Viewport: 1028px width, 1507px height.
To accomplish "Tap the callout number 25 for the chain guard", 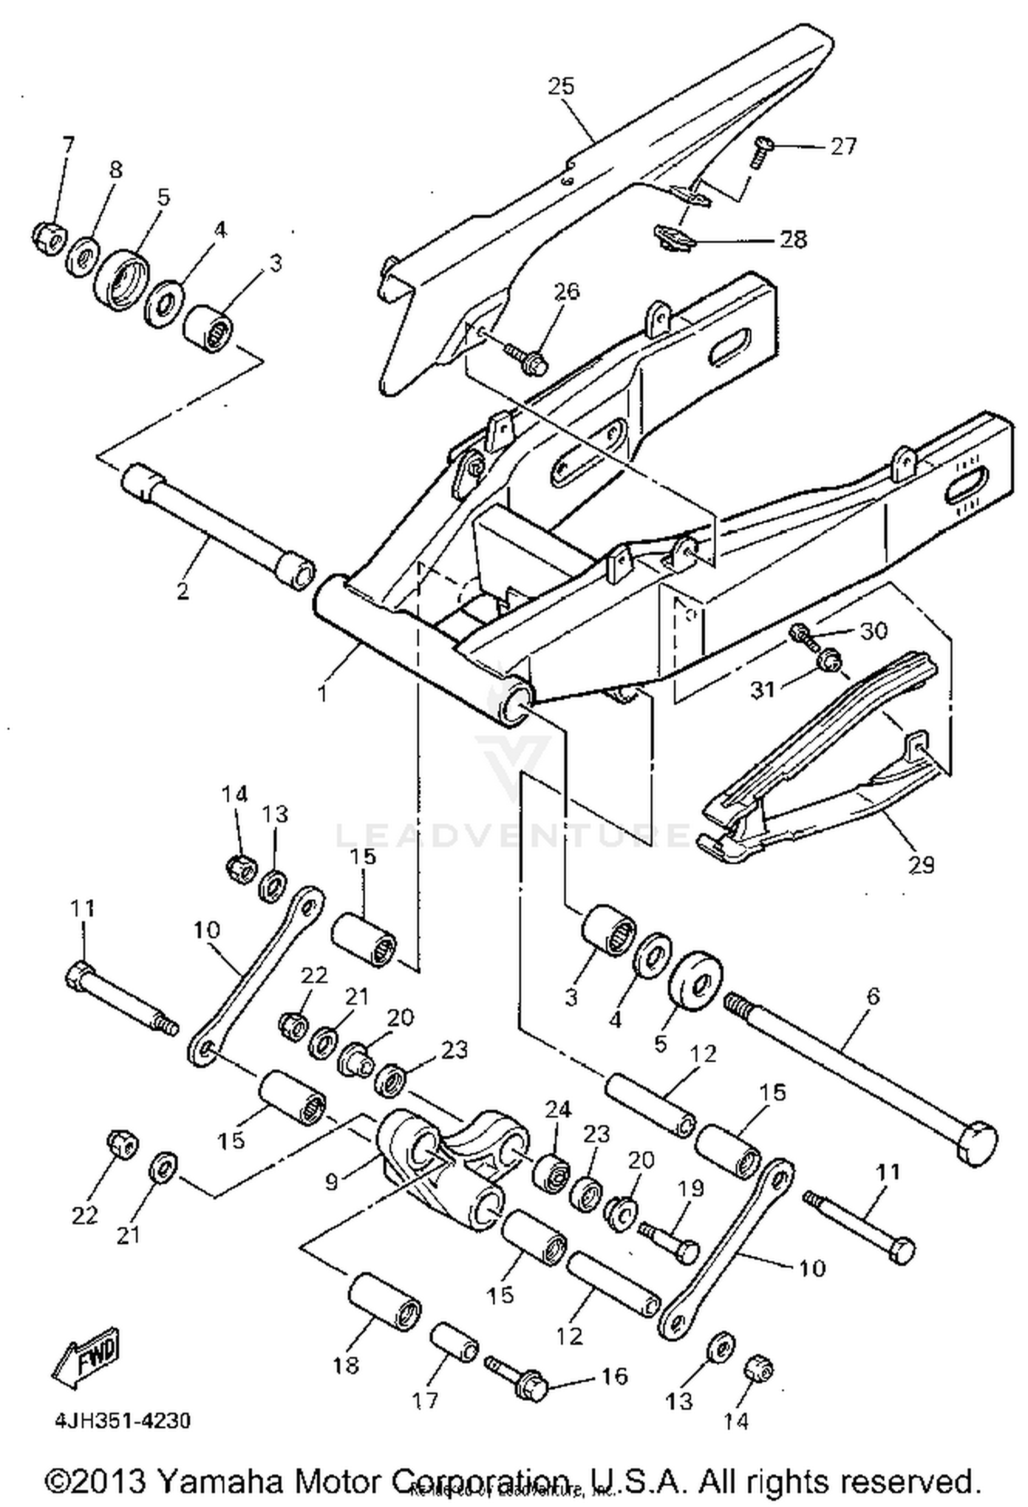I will pos(561,87).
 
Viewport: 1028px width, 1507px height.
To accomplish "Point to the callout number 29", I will pos(921,865).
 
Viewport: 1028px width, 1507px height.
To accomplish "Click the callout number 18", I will pos(346,1365).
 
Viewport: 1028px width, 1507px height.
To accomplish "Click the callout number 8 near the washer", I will pos(114,170).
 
